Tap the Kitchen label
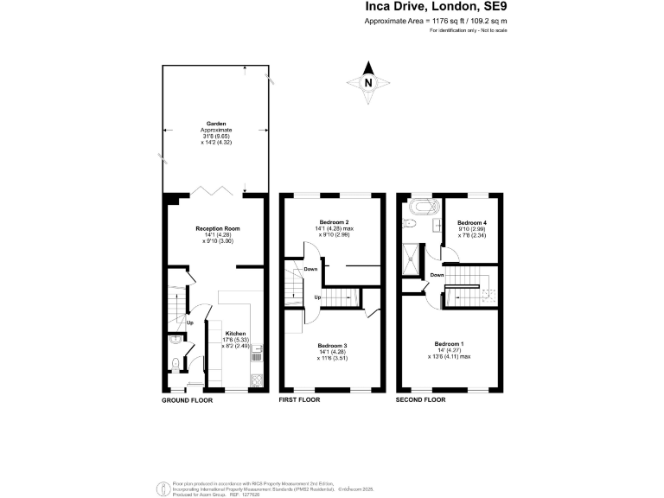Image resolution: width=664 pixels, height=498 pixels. pyautogui.click(x=236, y=334)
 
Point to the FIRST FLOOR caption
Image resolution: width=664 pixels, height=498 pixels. pyautogui.click(x=299, y=401)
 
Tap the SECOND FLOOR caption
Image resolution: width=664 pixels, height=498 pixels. pyautogui.click(x=420, y=401)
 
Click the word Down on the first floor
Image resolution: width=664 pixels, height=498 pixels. pyautogui.click(x=310, y=269)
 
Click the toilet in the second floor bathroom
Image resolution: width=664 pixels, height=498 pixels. pyautogui.click(x=413, y=224)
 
